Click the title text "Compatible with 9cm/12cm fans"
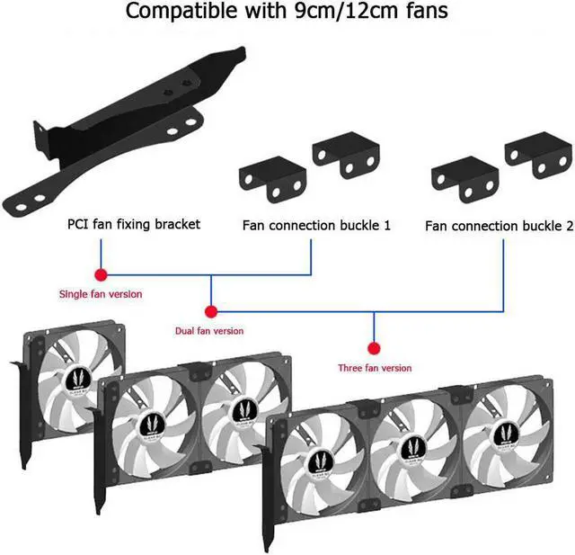[x=287, y=12]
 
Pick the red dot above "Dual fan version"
[x=210, y=312]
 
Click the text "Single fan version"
[x=101, y=293]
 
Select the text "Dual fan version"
[x=208, y=331]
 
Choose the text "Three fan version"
[x=375, y=368]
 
